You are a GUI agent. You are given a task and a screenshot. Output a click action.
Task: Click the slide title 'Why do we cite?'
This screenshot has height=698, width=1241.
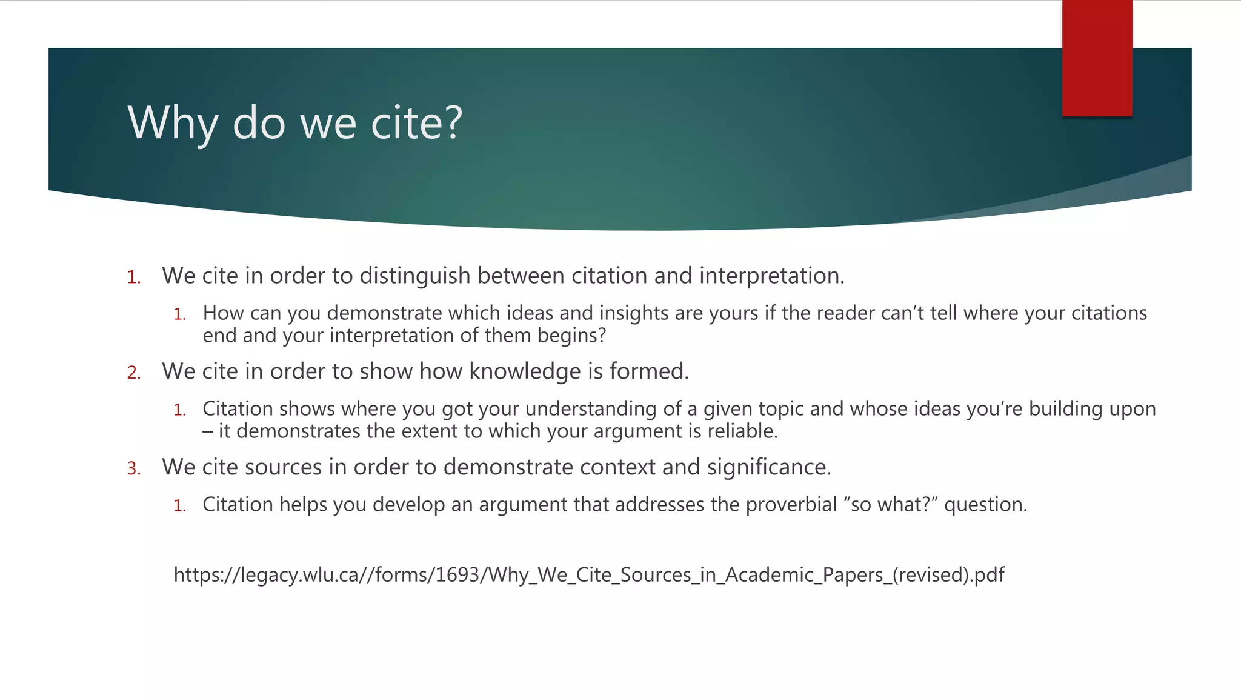[295, 123]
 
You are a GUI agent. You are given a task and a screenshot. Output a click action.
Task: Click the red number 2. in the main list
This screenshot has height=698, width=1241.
[134, 373]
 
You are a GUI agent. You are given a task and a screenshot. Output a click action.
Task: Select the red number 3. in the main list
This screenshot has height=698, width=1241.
[134, 468]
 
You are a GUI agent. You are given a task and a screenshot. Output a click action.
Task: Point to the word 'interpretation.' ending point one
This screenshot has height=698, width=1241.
[772, 276]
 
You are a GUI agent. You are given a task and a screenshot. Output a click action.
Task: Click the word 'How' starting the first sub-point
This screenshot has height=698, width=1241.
[223, 313]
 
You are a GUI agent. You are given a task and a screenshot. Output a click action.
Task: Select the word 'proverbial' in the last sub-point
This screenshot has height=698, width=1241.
[791, 505]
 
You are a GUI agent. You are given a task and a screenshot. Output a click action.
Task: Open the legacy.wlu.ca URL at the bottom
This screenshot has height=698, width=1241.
[588, 574]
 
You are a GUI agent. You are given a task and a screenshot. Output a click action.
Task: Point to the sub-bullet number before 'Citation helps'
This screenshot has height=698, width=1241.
[179, 506]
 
